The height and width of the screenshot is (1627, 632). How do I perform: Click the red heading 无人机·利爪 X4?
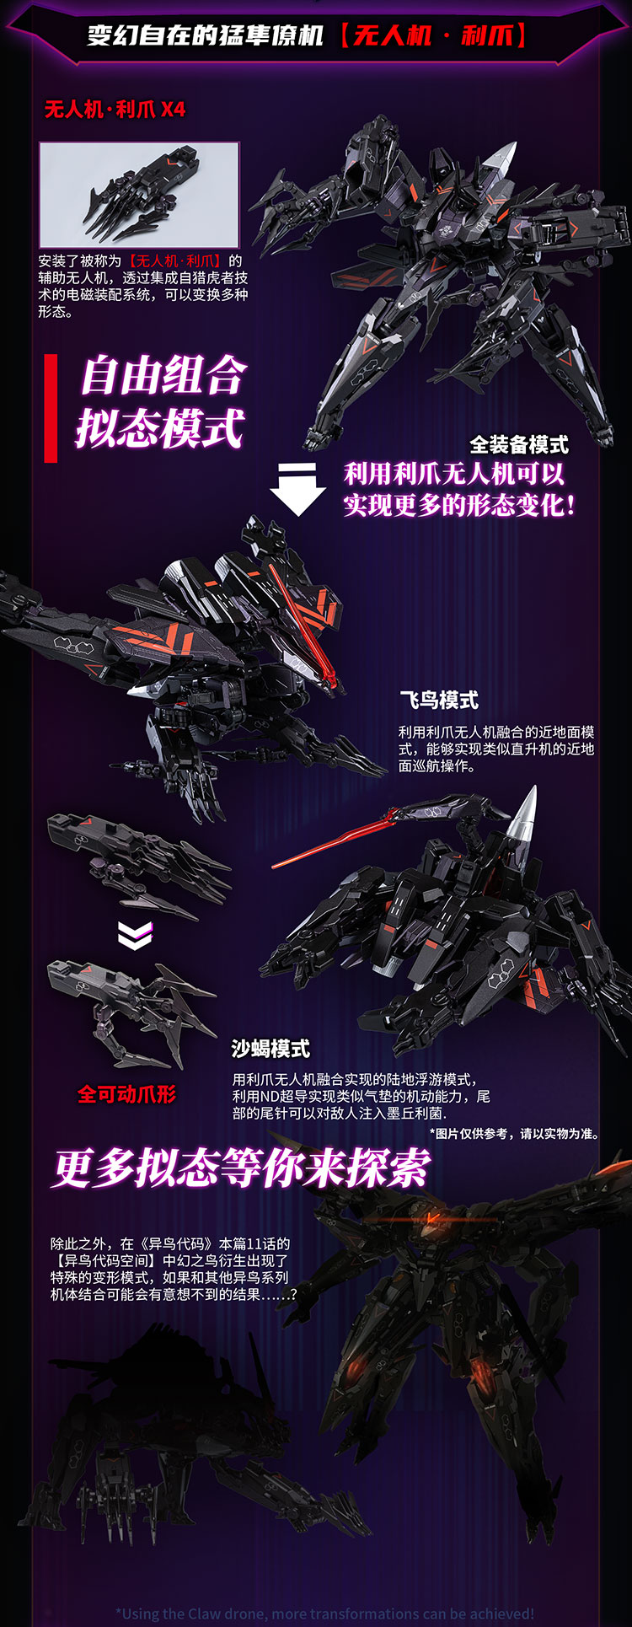pyautogui.click(x=115, y=110)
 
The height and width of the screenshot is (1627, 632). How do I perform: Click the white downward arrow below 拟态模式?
pyautogui.click(x=297, y=489)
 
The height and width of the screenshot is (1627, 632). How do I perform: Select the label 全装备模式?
pyautogui.click(x=518, y=444)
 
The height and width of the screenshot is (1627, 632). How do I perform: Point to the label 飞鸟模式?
pyautogui.click(x=438, y=700)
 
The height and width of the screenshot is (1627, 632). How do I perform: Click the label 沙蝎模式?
pyautogui.click(x=271, y=1049)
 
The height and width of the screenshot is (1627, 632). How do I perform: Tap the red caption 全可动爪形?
pyautogui.click(x=127, y=1094)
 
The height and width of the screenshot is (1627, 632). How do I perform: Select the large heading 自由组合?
pyautogui.click(x=163, y=376)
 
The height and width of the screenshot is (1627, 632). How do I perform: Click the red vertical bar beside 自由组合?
pyautogui.click(x=51, y=408)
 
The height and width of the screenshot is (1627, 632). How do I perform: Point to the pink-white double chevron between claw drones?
pyautogui.click(x=135, y=934)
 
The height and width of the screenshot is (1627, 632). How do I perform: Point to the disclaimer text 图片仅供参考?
pyautogui.click(x=514, y=1133)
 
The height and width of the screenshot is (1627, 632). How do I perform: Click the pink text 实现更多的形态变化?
pyautogui.click(x=460, y=505)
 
